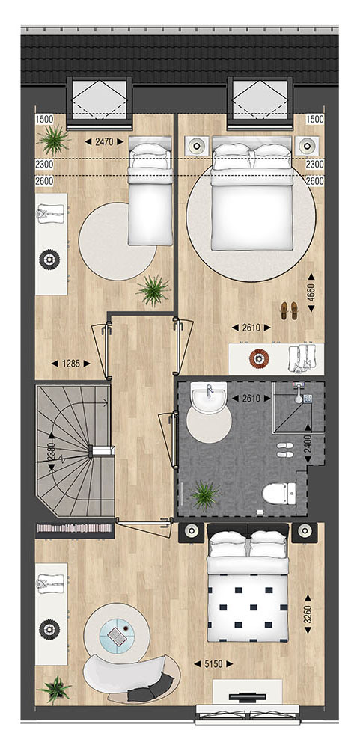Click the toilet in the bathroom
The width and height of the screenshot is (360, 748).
tap(279, 493)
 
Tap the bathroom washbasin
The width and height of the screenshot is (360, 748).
tap(209, 397)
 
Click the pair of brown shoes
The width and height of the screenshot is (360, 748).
tap(289, 310)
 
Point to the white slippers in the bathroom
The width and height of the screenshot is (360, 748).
tap(286, 450)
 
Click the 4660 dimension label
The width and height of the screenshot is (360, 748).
tap(312, 292)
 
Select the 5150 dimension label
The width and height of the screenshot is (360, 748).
tap(213, 663)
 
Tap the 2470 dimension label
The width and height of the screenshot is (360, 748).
tap(104, 141)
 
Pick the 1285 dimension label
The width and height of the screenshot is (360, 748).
tap(70, 364)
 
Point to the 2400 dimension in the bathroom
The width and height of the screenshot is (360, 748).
tap(308, 443)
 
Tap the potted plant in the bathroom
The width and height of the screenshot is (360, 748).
tap(205, 495)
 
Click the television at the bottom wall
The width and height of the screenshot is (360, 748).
tap(247, 697)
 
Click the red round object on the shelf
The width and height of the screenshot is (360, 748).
tap(258, 358)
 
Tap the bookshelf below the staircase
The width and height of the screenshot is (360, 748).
tap(75, 527)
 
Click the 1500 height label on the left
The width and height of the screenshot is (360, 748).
tap(43, 119)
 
